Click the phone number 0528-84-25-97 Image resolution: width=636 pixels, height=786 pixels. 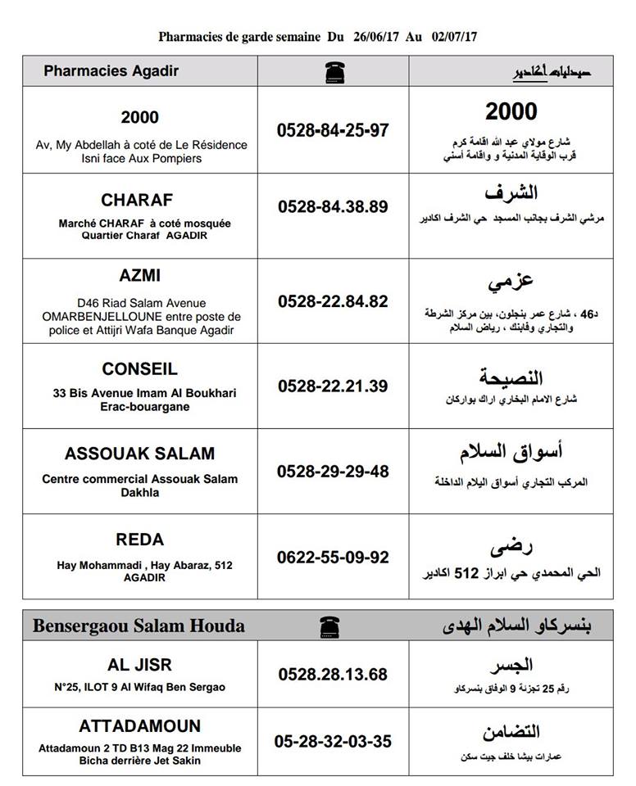pyautogui.click(x=333, y=130)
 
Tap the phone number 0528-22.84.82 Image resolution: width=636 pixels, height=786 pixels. pyautogui.click(x=333, y=301)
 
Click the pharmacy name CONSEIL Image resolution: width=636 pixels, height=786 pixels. pyautogui.click(x=140, y=369)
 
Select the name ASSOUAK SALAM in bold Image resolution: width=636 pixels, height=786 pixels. pyautogui.click(x=140, y=454)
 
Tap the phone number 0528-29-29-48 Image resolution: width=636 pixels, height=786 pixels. pyautogui.click(x=333, y=472)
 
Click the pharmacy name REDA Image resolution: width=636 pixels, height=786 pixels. pyautogui.click(x=140, y=540)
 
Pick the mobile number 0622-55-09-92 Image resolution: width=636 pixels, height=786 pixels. pyautogui.click(x=333, y=558)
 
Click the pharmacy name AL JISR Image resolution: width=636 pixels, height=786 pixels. pyautogui.click(x=140, y=665)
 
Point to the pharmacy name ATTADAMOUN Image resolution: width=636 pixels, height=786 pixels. pyautogui.click(x=140, y=726)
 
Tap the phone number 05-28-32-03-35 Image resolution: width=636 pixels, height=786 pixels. pyautogui.click(x=333, y=742)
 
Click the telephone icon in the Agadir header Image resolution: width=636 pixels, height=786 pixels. pyautogui.click(x=333, y=71)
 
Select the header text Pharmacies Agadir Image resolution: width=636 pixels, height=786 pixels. pyautogui.click(x=111, y=71)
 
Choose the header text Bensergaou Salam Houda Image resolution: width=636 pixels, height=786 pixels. pyautogui.click(x=139, y=626)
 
